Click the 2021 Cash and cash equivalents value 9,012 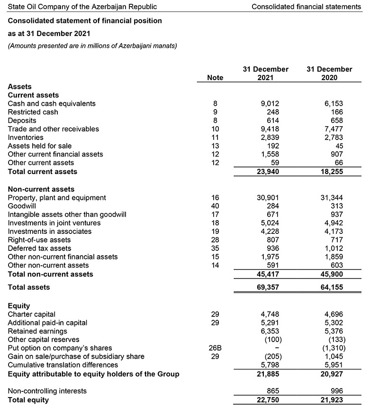pos(270,103)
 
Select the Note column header pos(215,78)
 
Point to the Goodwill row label pos(22,206)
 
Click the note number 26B pos(215,348)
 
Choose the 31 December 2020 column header pos(329,74)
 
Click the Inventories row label pos(26,138)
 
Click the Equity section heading pos(19,306)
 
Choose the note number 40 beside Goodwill pos(215,206)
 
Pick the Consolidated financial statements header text pos(306,7)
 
